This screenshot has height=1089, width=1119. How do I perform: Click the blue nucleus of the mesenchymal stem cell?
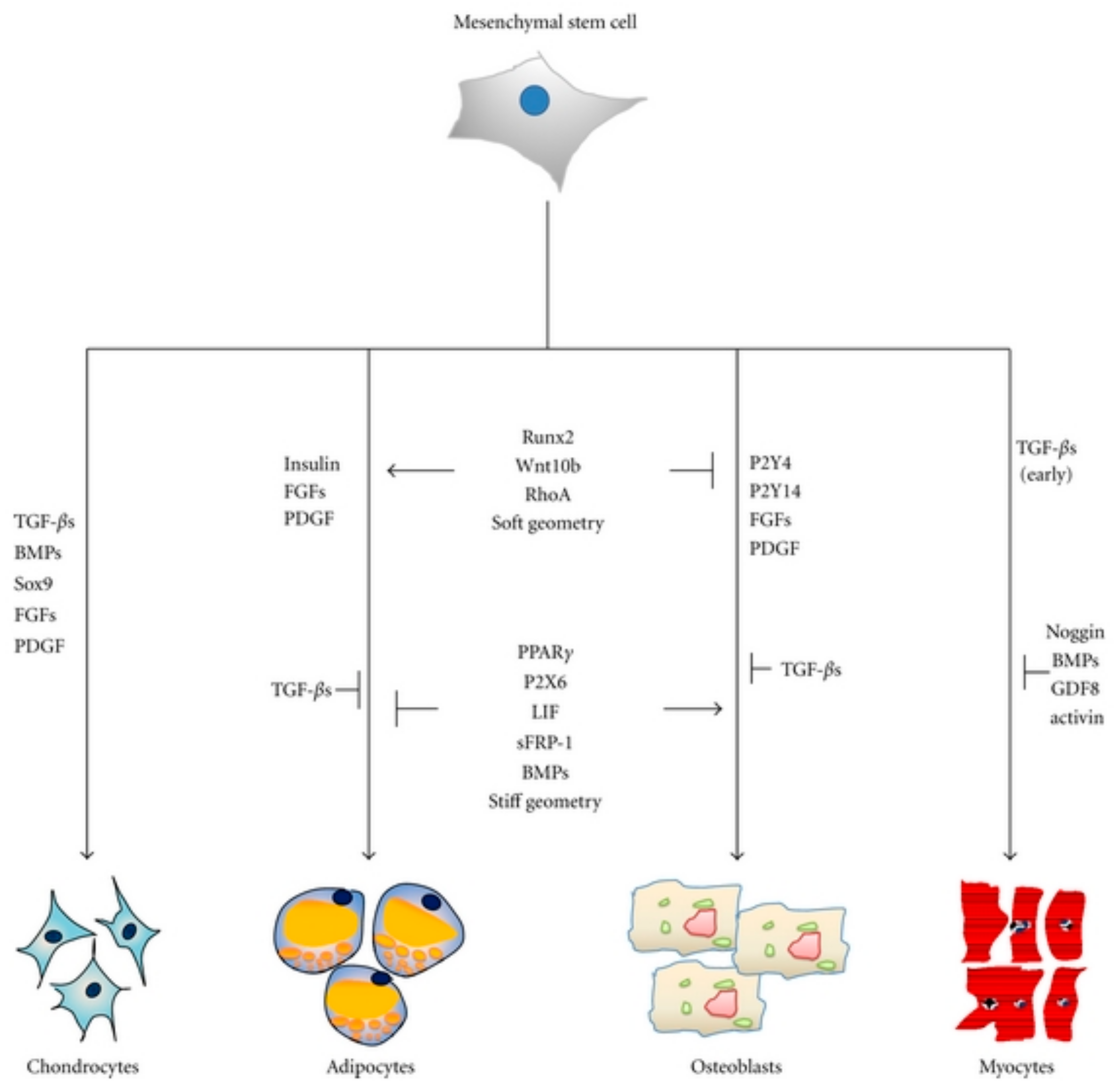pyautogui.click(x=534, y=101)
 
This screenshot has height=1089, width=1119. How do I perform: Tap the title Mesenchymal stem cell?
pyautogui.click(x=545, y=23)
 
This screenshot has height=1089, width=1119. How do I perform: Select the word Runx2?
pyautogui.click(x=547, y=437)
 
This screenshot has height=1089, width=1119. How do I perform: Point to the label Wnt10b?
pyautogui.click(x=547, y=465)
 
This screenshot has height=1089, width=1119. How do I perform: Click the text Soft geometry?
pyautogui.click(x=547, y=523)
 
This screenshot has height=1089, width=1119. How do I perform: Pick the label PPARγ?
pyautogui.click(x=545, y=652)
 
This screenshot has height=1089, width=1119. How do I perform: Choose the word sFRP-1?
pyautogui.click(x=545, y=743)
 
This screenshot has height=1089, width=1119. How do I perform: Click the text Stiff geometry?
pyautogui.click(x=545, y=802)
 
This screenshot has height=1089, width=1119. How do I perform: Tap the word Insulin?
pyautogui.click(x=312, y=464)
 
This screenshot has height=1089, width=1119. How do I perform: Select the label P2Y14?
pyautogui.click(x=775, y=491)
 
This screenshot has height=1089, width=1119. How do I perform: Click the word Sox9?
pyautogui.click(x=34, y=584)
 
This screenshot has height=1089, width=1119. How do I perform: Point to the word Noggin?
pyautogui.click(x=1075, y=632)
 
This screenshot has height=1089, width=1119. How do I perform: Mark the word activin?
pyautogui.click(x=1076, y=718)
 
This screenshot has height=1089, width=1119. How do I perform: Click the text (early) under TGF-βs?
pyautogui.click(x=1046, y=475)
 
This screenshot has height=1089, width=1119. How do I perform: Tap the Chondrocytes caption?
pyautogui.click(x=83, y=1067)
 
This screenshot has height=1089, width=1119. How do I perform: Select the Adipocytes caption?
pyautogui.click(x=371, y=1067)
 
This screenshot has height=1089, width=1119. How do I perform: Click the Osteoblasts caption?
pyautogui.click(x=736, y=1067)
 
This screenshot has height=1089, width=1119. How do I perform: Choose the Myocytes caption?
pyautogui.click(x=1016, y=1067)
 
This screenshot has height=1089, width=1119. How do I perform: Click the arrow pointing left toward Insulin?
pyautogui.click(x=421, y=471)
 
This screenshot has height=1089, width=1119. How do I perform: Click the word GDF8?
pyautogui.click(x=1075, y=689)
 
